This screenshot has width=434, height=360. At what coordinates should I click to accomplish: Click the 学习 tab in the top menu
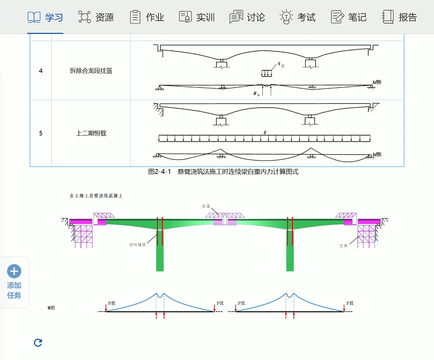point(45,17)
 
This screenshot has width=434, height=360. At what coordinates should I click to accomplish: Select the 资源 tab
point(96,17)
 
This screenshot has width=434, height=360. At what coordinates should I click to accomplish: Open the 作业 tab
point(147,17)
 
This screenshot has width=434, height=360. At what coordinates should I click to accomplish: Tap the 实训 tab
point(197,17)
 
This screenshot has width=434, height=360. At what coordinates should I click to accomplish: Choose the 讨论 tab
point(247,17)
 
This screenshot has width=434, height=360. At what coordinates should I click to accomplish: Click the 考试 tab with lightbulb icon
point(298,17)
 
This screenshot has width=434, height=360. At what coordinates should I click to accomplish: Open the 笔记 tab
point(349,17)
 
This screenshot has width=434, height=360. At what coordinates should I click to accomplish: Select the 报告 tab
point(399,17)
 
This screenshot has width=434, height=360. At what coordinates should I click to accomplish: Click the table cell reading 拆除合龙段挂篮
point(91,71)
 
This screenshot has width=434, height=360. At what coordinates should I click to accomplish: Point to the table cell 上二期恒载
point(91,133)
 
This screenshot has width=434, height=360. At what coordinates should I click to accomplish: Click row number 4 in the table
point(41,71)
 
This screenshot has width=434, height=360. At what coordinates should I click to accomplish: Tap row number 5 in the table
point(41,133)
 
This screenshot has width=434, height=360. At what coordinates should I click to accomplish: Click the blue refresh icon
point(38,343)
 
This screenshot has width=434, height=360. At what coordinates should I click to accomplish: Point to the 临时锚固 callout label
point(138,245)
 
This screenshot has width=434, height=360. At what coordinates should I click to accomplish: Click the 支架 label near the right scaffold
point(343,246)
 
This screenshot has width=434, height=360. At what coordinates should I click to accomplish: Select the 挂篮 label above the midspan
point(206,206)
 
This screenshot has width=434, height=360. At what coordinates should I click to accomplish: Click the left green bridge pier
point(160,255)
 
